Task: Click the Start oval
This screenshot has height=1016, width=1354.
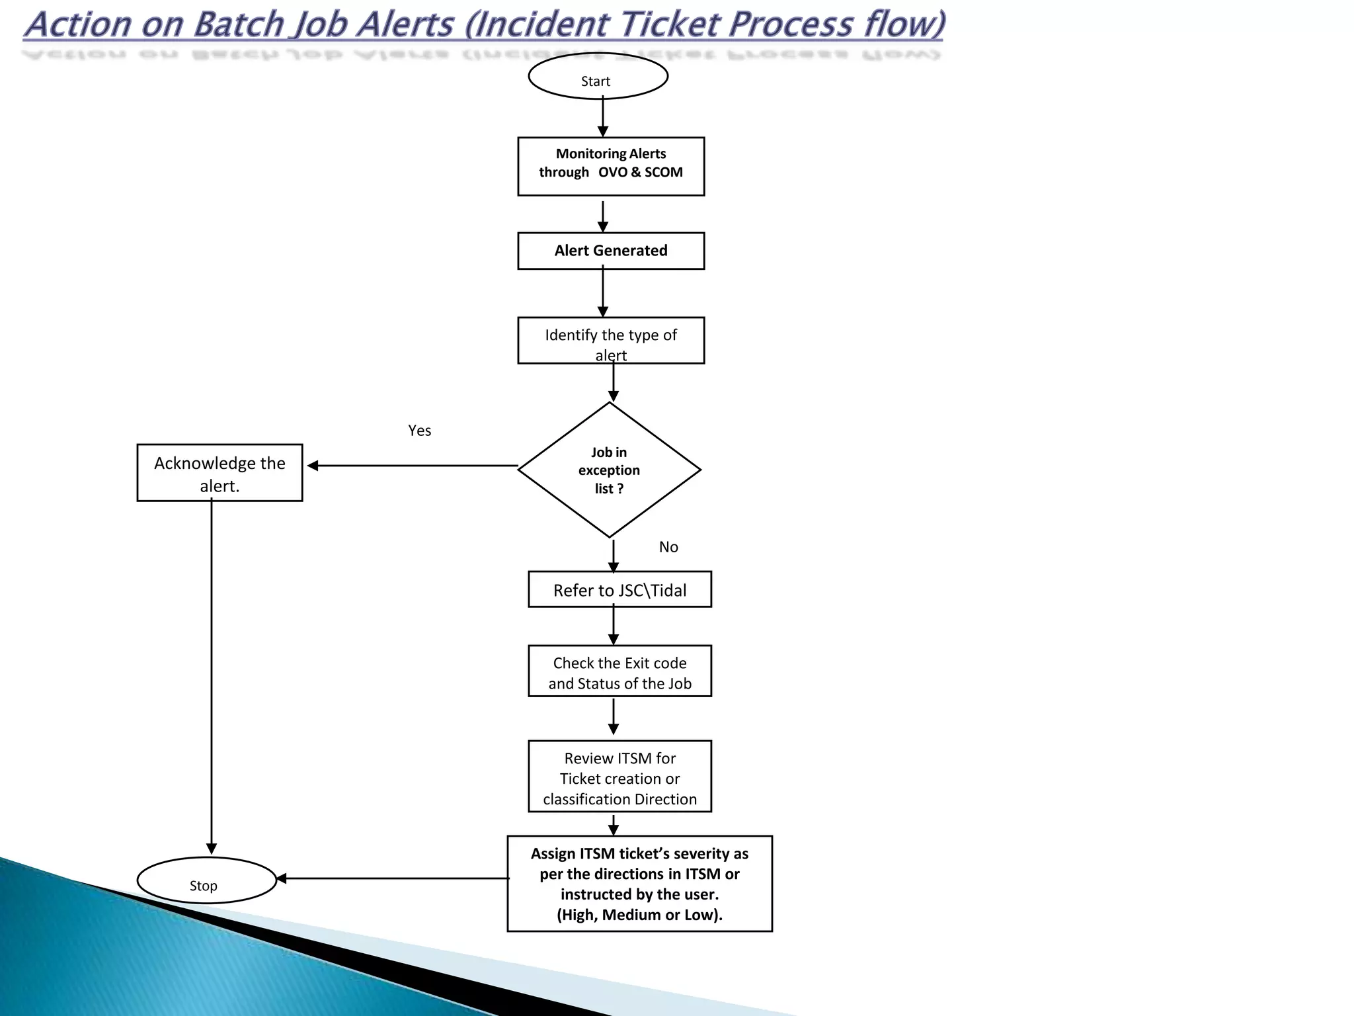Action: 598,77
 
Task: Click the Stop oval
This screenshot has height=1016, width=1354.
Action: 206,880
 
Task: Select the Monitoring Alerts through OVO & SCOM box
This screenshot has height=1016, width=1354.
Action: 611,166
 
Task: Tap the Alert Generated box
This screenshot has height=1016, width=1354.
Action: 611,251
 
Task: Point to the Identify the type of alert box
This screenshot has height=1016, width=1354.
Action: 611,340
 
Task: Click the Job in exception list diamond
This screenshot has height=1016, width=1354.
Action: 609,470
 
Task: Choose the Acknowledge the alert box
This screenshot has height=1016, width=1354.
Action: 219,473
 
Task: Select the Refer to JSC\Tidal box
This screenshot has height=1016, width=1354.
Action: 619,589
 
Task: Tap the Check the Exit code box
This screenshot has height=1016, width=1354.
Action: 619,671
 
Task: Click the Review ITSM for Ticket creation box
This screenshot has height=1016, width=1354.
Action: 619,777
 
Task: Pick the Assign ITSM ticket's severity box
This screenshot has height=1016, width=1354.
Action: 639,884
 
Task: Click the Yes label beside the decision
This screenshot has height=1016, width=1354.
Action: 420,431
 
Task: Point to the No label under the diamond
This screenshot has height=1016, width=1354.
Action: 668,547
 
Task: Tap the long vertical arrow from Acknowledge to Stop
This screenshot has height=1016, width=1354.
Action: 212,675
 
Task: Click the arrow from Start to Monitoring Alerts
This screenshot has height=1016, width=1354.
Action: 603,117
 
